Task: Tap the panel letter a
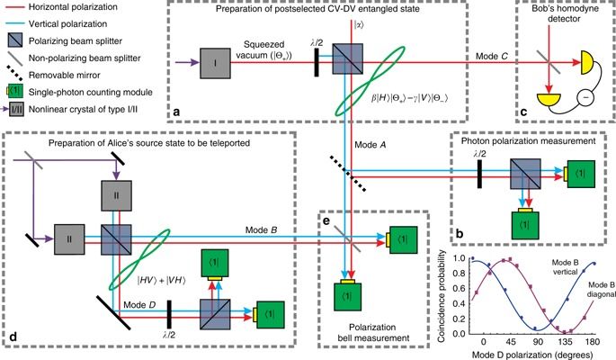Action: [x=177, y=112]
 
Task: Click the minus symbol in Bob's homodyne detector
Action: [x=591, y=97]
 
